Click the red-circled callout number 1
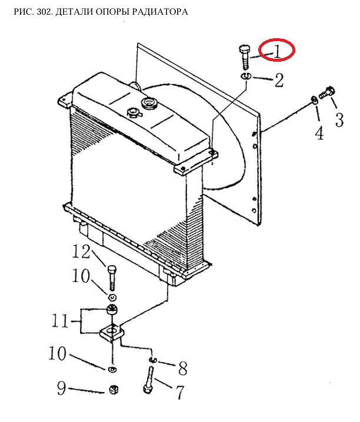click(277, 52)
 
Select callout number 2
click(279, 80)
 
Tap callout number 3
click(339, 120)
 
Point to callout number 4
click(319, 133)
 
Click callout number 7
click(180, 392)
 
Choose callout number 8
click(182, 369)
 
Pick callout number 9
click(61, 388)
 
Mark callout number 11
click(60, 321)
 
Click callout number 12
click(81, 252)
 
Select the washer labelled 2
click(246, 76)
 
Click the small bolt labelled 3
click(326, 93)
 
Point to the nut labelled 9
click(114, 389)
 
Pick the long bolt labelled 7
click(149, 380)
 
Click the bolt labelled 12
click(112, 278)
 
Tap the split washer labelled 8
click(152, 360)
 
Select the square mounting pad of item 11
click(112, 333)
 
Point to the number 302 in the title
click(45, 12)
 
